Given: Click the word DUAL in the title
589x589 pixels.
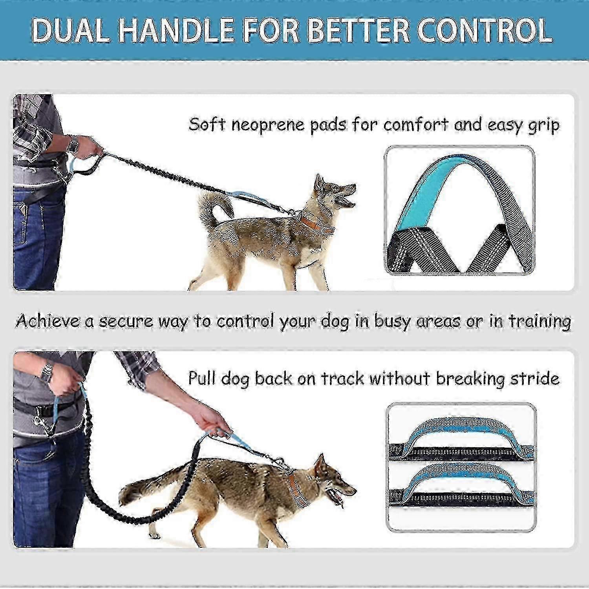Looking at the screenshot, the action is (x=71, y=31).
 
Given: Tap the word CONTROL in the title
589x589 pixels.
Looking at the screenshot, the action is (x=485, y=31).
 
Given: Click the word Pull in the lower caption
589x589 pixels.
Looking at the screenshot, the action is (x=202, y=378).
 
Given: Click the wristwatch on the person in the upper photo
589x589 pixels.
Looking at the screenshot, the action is (x=73, y=144).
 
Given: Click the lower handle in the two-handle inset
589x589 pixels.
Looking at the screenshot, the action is (x=461, y=485).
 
